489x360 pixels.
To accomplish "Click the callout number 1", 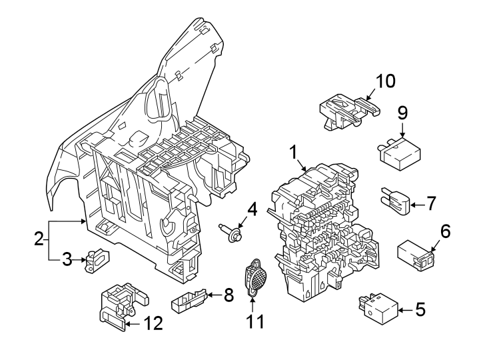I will pos(292,153).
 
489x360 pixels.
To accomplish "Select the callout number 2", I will pos(39,237).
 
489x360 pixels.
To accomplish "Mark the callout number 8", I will pos(228,294).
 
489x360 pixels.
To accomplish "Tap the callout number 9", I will pos(402,112).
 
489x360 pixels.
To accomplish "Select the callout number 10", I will pos(384,81).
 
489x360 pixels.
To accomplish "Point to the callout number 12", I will pos(153,323).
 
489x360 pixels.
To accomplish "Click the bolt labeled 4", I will pos(230,234).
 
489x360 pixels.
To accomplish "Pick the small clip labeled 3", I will pos(95,259).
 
